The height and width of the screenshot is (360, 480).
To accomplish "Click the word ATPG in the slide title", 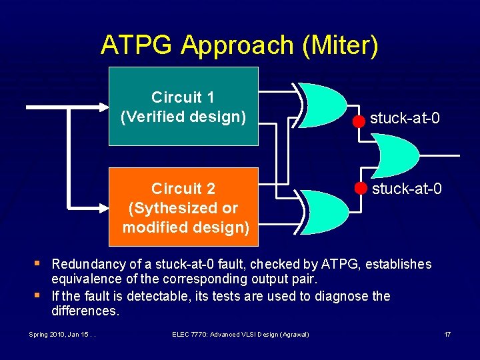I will (x=137, y=45).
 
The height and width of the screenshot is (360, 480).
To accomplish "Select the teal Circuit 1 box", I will (x=183, y=107).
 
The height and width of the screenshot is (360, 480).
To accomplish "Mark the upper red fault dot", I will (x=359, y=121).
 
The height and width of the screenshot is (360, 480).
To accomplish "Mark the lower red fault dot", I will (x=361, y=187).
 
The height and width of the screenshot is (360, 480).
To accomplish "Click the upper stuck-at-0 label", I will (x=405, y=119).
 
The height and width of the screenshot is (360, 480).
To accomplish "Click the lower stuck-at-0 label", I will (x=407, y=189).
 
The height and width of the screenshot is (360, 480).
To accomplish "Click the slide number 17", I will (x=447, y=333).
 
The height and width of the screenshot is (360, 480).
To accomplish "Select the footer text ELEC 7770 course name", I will (x=240, y=333).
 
